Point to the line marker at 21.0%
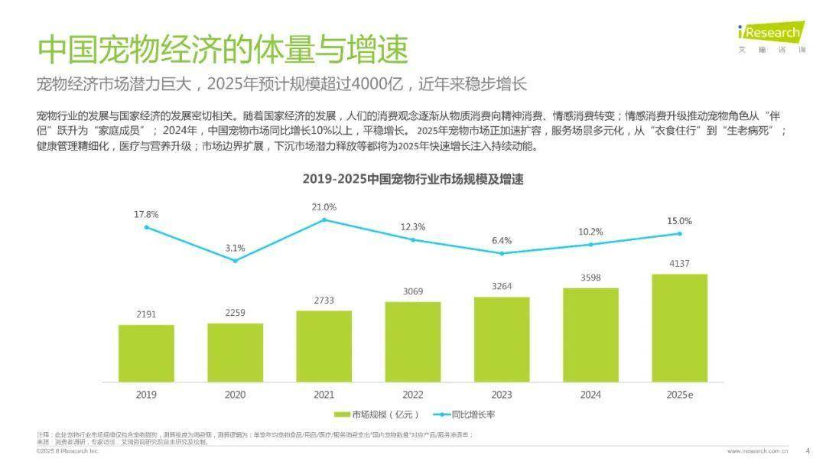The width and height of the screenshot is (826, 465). pyautogui.click(x=324, y=219)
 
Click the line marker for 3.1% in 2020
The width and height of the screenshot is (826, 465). pyautogui.click(x=235, y=261)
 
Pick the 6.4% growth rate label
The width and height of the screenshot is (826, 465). pyautogui.click(x=502, y=240)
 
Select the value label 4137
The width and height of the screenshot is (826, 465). pyautogui.click(x=679, y=264)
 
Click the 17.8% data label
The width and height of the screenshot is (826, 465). pyautogui.click(x=146, y=214)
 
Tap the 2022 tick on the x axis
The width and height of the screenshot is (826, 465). pyautogui.click(x=412, y=395)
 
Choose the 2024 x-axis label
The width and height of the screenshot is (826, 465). pyautogui.click(x=590, y=395)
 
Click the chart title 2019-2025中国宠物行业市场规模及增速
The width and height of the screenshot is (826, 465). pyautogui.click(x=412, y=179)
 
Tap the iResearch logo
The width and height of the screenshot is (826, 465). pyautogui.click(x=770, y=34)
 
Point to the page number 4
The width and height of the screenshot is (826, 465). pyautogui.click(x=808, y=450)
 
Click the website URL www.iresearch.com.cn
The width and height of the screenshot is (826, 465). pyautogui.click(x=758, y=451)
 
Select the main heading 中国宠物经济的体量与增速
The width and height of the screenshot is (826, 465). pyautogui.click(x=223, y=50)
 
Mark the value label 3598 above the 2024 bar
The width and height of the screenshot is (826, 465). pyautogui.click(x=590, y=278)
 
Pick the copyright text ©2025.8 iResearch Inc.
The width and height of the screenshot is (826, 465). pyautogui.click(x=68, y=451)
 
